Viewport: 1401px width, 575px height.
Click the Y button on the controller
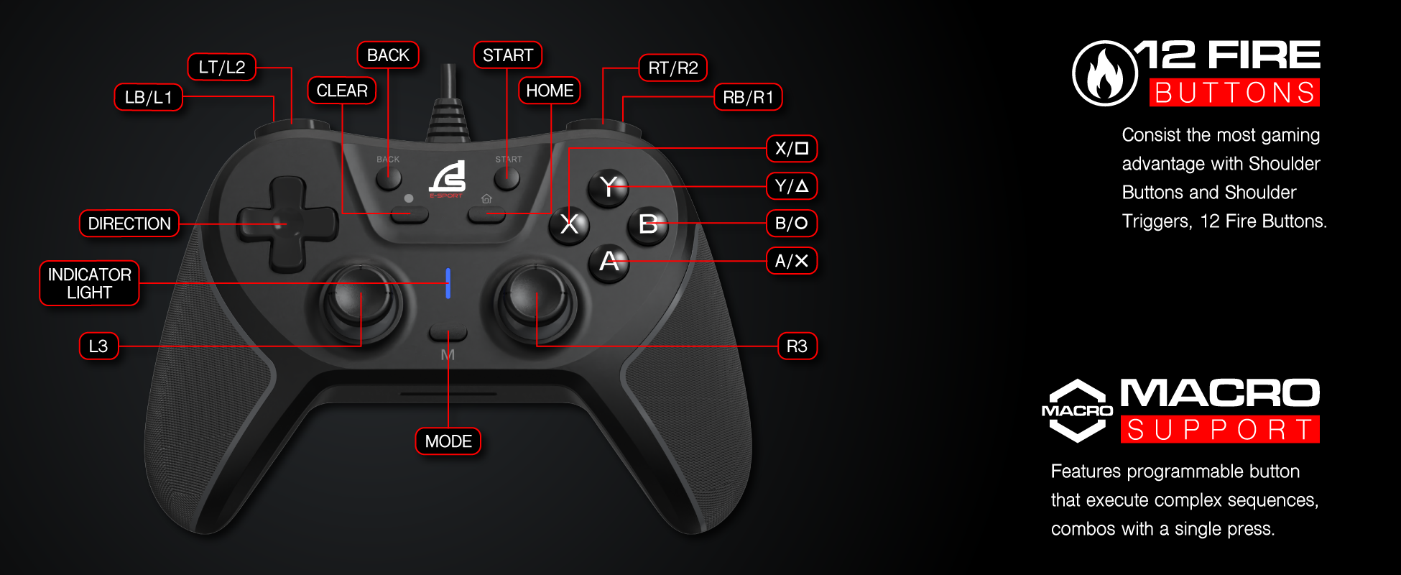point(608,187)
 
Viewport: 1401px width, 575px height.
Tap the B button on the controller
point(647,224)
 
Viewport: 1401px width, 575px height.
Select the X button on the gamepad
point(569,224)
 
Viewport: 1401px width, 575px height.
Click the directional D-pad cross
point(287,224)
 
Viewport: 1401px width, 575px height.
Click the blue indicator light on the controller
point(448,283)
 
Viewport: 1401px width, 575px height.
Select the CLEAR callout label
point(342,91)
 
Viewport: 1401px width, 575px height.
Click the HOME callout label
point(550,91)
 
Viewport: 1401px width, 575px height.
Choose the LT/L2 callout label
point(222,68)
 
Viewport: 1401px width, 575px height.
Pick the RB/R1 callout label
point(748,97)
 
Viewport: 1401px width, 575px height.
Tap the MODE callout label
point(448,441)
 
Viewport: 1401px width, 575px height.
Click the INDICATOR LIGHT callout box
point(89,283)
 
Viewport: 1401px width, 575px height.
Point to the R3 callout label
point(797,346)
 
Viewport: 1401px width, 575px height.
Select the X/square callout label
point(792,149)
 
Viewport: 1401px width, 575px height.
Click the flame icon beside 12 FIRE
point(1104,73)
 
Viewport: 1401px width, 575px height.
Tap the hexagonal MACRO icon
point(1077,410)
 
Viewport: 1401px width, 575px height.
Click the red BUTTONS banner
point(1234,93)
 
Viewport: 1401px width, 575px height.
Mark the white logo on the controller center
point(448,176)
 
